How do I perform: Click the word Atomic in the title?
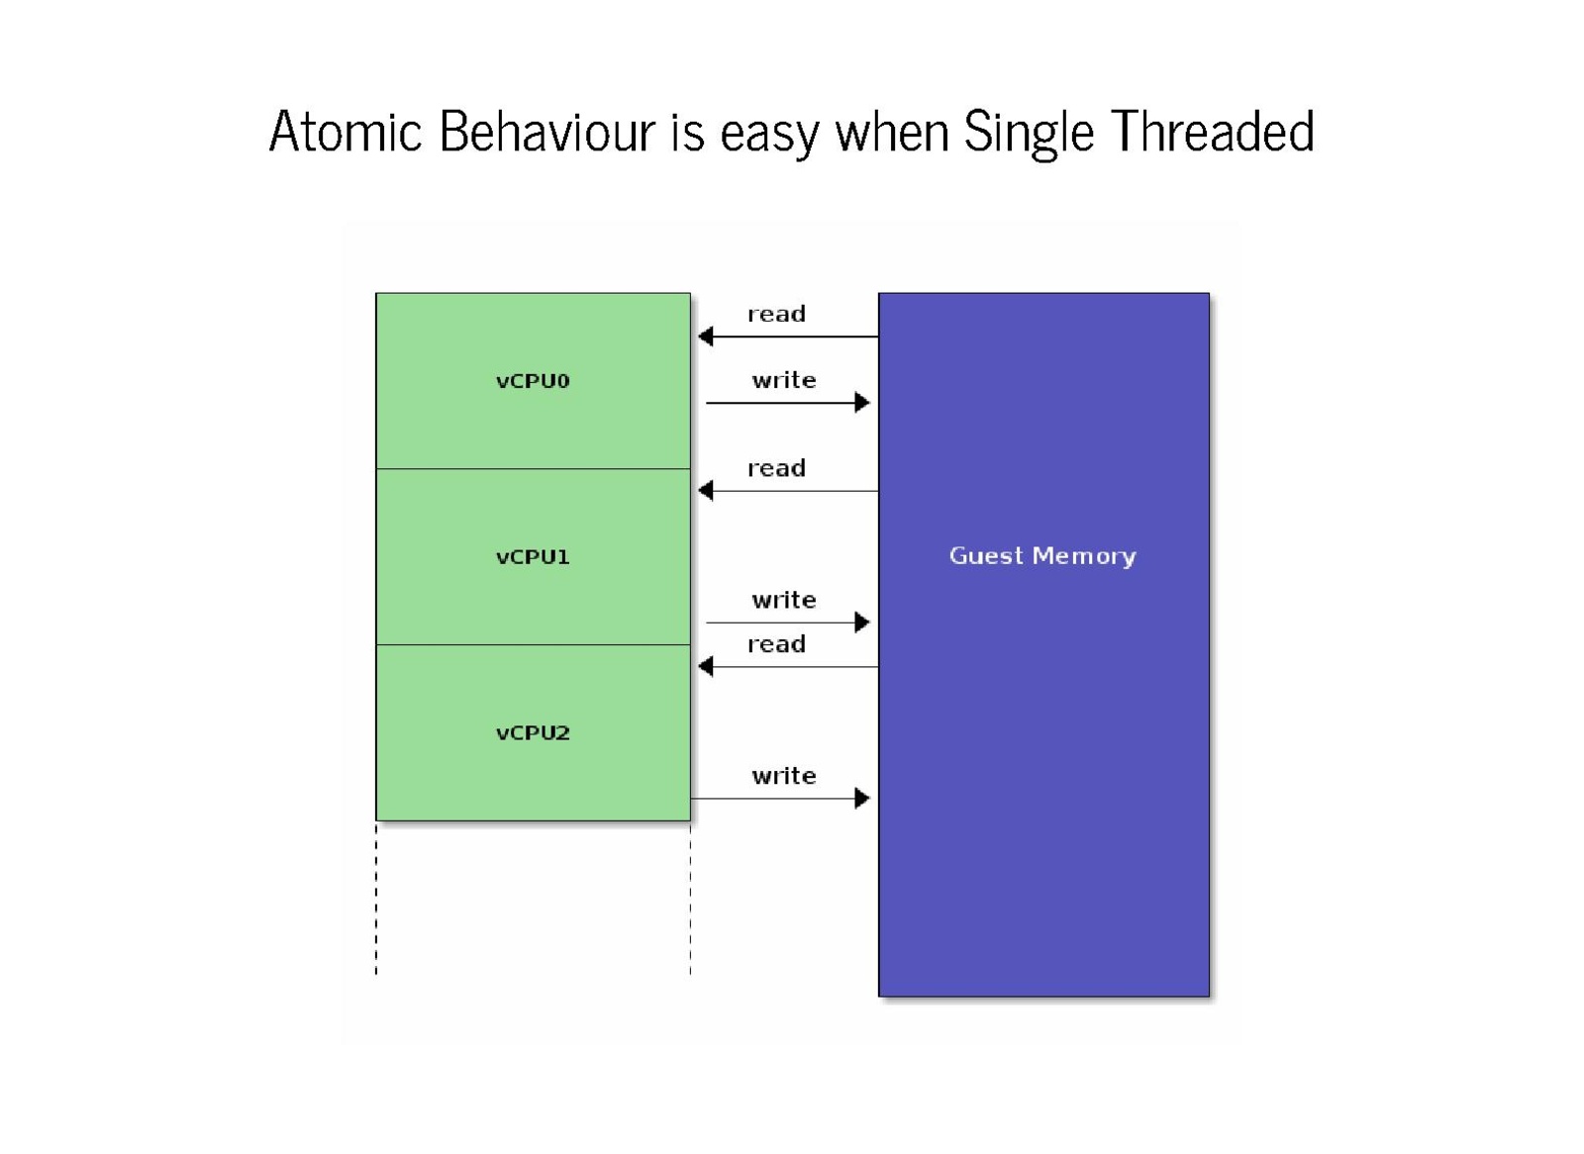coord(346,132)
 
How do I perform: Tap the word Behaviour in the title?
coord(547,132)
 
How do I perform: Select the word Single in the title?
coord(1029,135)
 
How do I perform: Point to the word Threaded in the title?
coord(1213,132)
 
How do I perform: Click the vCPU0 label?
coord(533,381)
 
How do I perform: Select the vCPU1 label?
coord(533,557)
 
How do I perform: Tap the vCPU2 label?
coord(533,732)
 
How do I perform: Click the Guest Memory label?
coord(1042,556)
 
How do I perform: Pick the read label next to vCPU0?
coord(776,314)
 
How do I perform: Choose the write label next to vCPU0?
coord(783,380)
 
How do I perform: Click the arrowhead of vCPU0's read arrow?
coord(705,337)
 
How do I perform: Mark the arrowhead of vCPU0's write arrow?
coord(862,403)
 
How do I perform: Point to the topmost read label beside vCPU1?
coord(776,468)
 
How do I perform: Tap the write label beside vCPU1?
coord(783,601)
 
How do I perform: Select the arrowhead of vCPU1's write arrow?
coord(862,623)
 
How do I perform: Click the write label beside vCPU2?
coord(783,776)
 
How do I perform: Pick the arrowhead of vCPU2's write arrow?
coord(862,799)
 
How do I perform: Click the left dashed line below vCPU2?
coord(376,899)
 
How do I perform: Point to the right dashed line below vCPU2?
coord(691,899)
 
